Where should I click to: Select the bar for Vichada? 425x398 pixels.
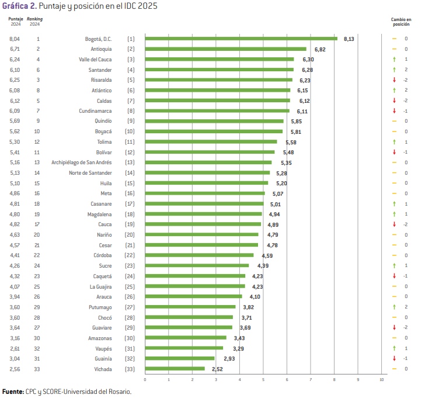point(175,369)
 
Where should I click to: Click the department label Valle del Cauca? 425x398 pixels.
point(95,60)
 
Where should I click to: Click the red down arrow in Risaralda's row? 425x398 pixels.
point(394,80)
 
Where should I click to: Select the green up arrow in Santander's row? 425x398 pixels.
point(394,70)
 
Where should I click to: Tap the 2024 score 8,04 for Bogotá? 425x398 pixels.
point(15,39)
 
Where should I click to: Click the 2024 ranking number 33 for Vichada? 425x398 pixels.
point(38,369)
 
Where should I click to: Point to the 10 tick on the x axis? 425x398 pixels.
point(382,380)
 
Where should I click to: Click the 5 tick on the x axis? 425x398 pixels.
point(263,380)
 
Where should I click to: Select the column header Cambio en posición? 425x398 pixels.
point(400,21)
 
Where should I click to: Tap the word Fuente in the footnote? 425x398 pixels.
point(13,392)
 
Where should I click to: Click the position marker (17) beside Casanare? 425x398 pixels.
point(131,204)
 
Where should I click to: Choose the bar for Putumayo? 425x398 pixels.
point(190,307)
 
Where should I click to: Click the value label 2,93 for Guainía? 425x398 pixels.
point(229,358)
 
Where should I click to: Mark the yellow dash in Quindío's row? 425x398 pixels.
point(394,122)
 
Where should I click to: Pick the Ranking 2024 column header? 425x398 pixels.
point(35,21)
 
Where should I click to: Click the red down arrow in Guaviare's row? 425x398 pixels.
point(394,327)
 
